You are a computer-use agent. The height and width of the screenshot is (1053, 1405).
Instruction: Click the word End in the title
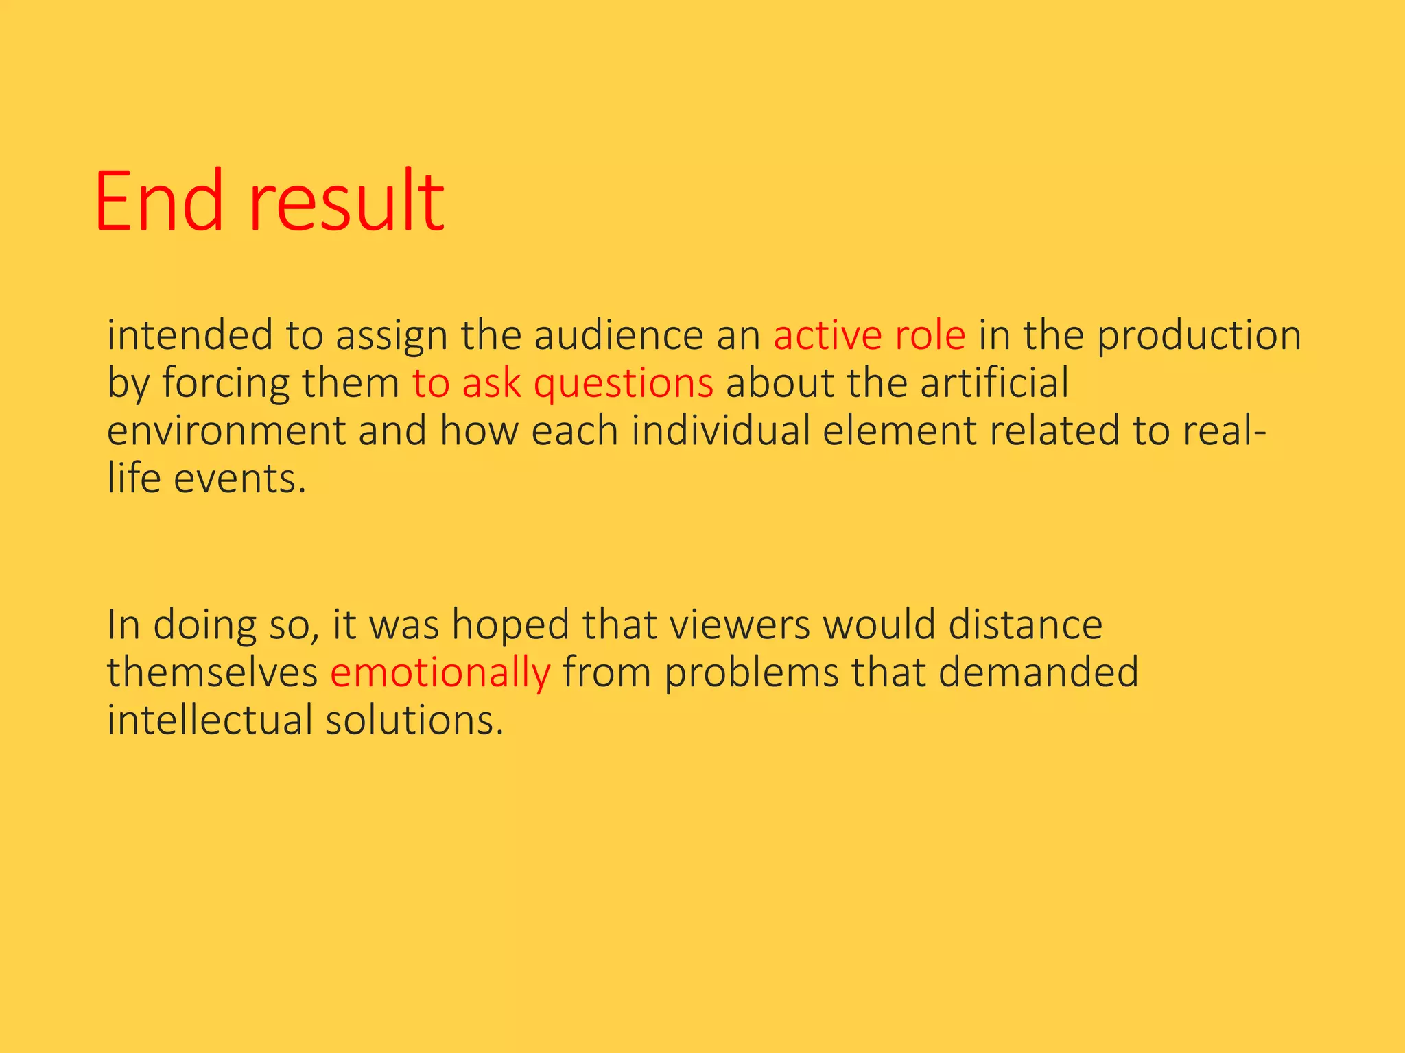point(159,202)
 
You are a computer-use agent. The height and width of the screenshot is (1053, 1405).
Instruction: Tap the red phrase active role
point(869,336)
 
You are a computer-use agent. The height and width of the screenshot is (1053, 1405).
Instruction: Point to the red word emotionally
point(440,673)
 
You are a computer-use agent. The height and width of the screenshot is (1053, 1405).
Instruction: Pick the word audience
point(619,336)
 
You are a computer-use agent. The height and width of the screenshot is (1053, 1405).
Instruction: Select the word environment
point(226,431)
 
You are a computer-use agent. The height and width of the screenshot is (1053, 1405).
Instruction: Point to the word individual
point(721,431)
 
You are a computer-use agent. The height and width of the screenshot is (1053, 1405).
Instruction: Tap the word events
point(239,479)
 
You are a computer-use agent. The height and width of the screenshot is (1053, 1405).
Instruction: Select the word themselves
point(212,673)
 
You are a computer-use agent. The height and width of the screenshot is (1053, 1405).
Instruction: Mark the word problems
point(751,673)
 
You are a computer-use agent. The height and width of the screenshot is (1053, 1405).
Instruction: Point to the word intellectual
point(209,721)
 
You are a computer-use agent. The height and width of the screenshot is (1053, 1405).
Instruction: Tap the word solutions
point(414,721)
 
